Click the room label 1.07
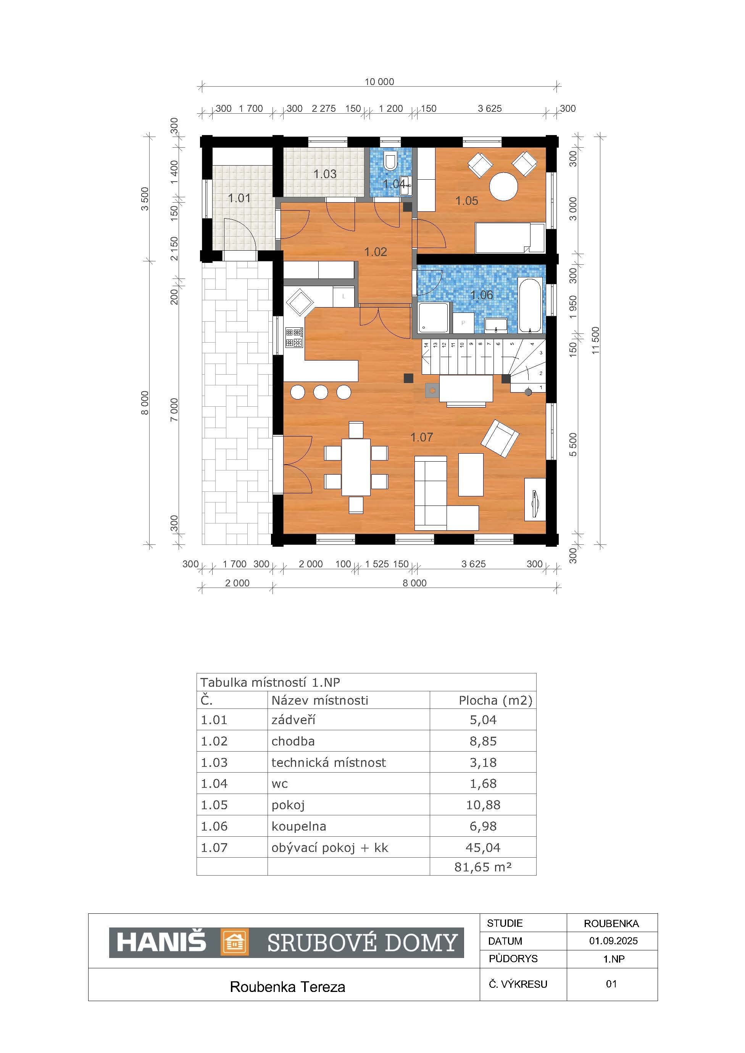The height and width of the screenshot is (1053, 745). coord(422,437)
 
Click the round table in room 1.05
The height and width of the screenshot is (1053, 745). coord(504,186)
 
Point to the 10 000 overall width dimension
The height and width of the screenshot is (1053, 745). coord(379,82)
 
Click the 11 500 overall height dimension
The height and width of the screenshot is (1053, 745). coord(595,340)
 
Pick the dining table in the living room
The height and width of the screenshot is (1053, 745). coord(356,467)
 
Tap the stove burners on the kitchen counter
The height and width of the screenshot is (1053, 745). coord(294,337)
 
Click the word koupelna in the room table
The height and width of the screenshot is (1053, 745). coord(298,826)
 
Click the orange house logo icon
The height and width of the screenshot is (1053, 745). coord(235,942)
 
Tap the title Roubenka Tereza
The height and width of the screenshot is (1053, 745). coord(288,987)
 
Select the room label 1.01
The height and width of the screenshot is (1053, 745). coord(239,198)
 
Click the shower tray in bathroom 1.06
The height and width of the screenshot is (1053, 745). coord(434,317)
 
